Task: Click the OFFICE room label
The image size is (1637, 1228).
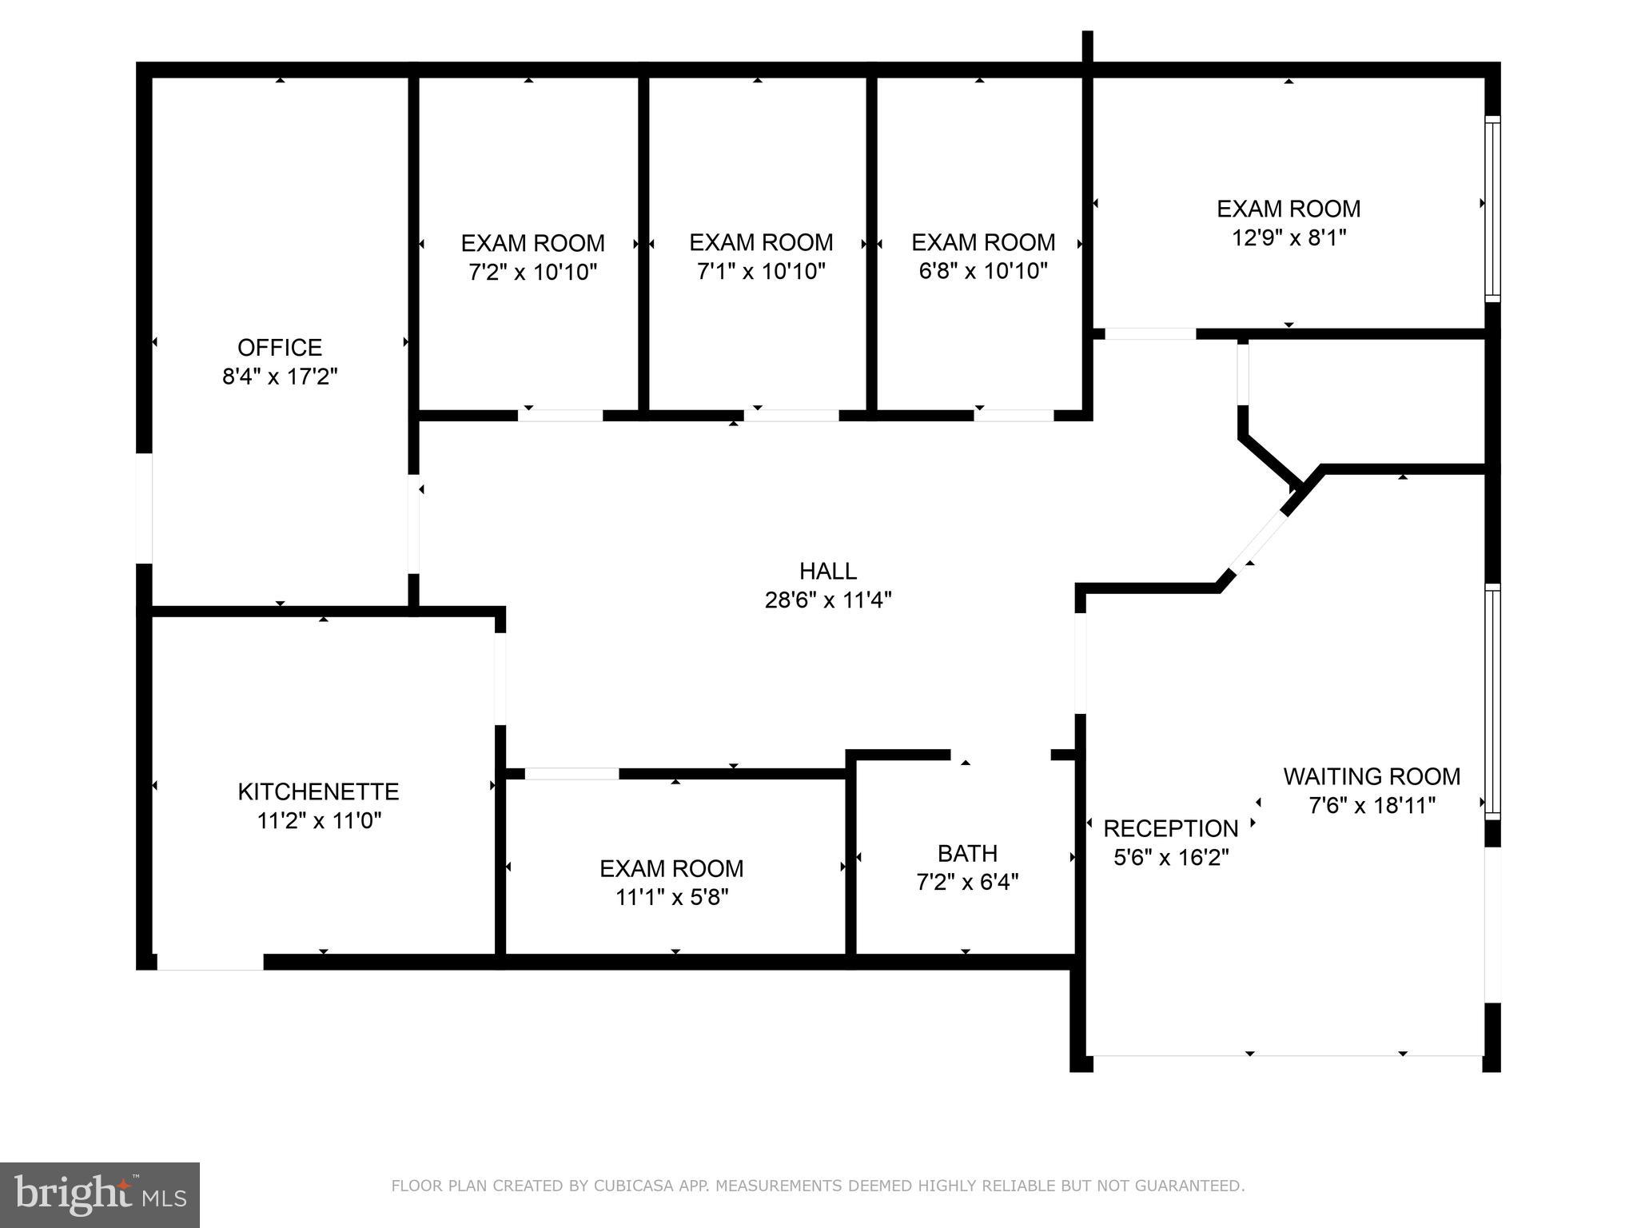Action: coord(280,347)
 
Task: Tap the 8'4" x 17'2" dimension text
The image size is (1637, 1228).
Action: coord(280,377)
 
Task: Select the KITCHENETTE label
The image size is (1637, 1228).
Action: coord(318,791)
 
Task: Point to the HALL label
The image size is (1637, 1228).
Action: coord(828,571)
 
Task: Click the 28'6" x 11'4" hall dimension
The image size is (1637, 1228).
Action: coord(828,600)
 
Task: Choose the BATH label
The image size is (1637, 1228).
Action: coord(967,853)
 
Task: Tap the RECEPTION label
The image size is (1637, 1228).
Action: coord(1170,828)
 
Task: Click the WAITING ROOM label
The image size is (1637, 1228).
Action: coord(1372,776)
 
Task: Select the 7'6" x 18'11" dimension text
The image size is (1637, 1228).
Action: coord(1372,805)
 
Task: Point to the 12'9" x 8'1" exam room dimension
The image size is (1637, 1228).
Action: coord(1288,237)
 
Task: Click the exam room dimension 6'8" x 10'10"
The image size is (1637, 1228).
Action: coord(983,271)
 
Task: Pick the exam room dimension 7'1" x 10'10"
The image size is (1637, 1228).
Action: coord(761,271)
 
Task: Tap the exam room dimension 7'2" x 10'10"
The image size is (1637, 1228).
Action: coord(533,272)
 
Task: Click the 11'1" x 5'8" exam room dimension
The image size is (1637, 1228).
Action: coord(671,897)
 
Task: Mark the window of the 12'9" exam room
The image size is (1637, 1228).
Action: coord(1492,208)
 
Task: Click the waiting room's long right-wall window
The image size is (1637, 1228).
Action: coord(1492,701)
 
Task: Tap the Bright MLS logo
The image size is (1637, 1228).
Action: coord(100,1195)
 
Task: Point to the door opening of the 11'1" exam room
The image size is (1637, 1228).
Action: coord(572,773)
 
